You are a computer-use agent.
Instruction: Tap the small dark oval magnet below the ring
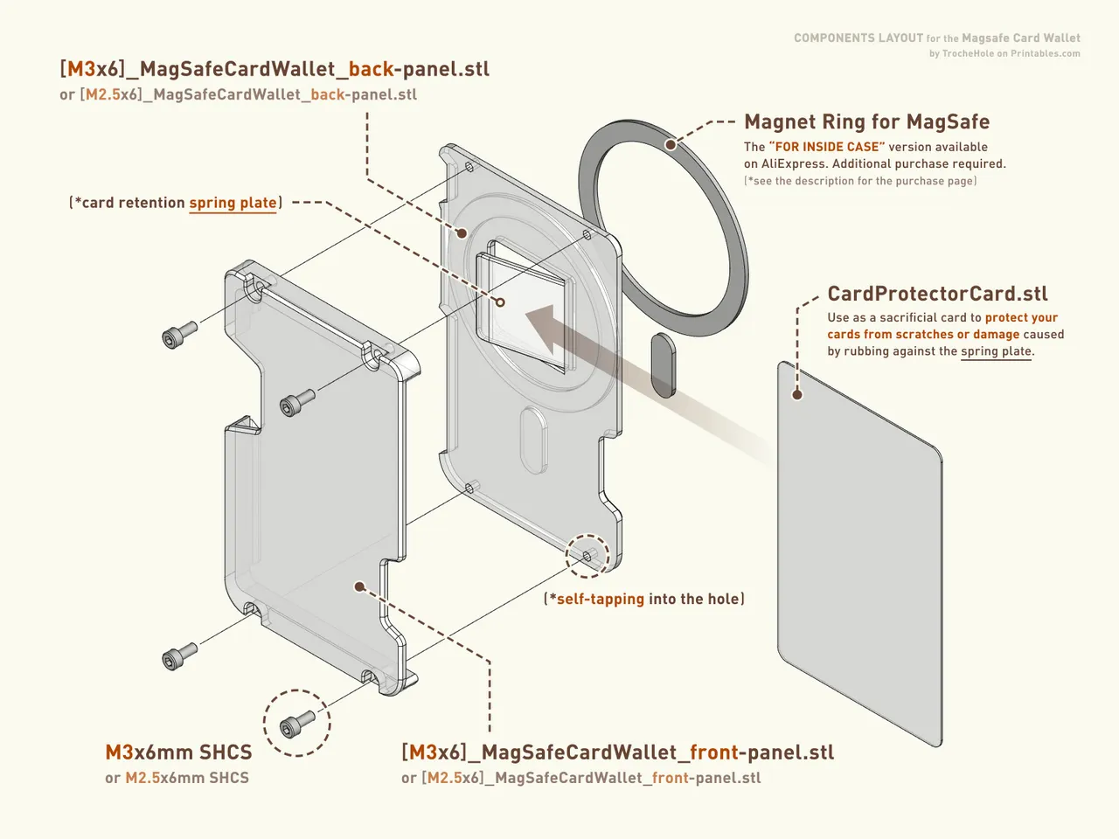tap(664, 364)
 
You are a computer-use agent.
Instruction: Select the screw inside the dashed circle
tap(297, 724)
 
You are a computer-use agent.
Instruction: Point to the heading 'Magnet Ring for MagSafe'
tap(866, 121)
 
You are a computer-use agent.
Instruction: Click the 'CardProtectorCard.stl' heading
tap(937, 294)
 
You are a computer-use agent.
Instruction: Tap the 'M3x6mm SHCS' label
tap(178, 752)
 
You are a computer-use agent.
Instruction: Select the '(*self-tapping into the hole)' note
tap(644, 599)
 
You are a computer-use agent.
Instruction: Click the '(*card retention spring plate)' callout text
tap(176, 203)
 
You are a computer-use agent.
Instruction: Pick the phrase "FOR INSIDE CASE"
tap(827, 147)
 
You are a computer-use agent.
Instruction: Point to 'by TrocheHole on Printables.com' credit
tap(1004, 53)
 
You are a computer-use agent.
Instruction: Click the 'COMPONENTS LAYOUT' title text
tap(858, 38)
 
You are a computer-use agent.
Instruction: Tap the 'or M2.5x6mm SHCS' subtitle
tap(177, 778)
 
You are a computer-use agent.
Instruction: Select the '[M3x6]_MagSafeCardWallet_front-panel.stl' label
tap(617, 752)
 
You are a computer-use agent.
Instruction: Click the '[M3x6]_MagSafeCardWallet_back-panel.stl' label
tap(275, 69)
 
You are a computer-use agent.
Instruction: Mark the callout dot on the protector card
tap(796, 394)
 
